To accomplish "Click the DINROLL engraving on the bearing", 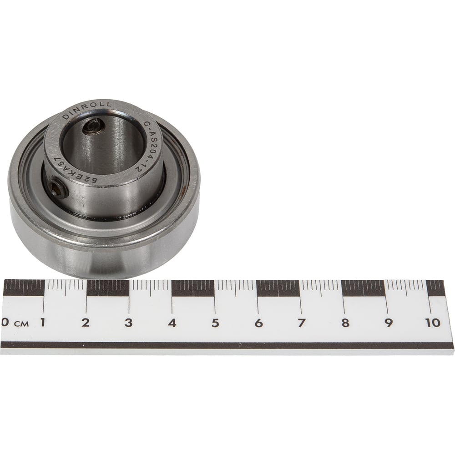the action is (86, 110).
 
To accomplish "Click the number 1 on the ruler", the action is (43, 323).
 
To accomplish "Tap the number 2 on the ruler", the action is (86, 323).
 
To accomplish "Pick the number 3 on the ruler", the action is (129, 323).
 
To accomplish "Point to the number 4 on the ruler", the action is (172, 323).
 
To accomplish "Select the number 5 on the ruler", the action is (215, 323).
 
